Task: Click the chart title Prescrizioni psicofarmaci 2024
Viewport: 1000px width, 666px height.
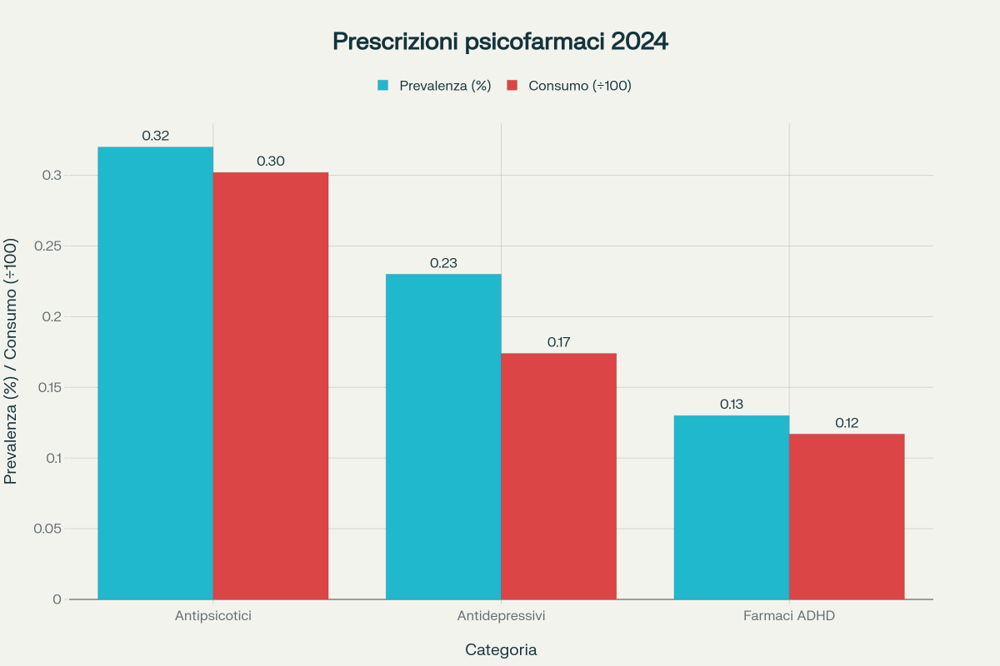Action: [x=500, y=42]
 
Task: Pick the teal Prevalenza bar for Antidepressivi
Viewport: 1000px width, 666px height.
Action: [x=443, y=436]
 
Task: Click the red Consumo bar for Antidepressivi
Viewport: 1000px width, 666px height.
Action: [x=558, y=476]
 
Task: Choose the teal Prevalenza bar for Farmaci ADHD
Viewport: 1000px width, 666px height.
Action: [x=732, y=507]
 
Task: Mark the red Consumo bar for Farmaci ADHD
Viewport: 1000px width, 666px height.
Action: [x=847, y=516]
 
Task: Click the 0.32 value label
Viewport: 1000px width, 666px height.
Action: [x=156, y=136]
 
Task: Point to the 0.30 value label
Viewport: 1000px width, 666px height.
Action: [x=271, y=161]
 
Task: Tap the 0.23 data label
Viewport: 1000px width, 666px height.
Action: [x=443, y=263]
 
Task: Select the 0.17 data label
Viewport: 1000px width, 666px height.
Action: [x=558, y=342]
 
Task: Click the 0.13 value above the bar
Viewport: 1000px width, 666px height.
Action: [x=732, y=405]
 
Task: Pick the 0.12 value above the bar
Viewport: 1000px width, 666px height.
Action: [x=847, y=423]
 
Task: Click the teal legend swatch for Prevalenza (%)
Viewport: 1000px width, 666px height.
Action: [x=383, y=85]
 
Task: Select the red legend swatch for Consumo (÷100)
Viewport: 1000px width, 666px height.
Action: [x=512, y=85]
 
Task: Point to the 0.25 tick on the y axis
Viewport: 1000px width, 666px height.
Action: [x=47, y=246]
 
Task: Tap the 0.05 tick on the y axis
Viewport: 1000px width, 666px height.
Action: [x=47, y=529]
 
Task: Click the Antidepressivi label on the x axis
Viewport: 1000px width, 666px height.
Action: [x=501, y=617]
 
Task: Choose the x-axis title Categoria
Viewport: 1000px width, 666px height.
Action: [x=501, y=649]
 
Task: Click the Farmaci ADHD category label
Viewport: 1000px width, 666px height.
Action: [x=789, y=617]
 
